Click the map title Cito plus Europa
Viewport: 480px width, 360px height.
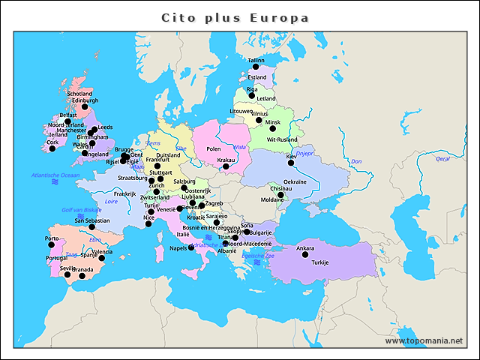pos(235,17)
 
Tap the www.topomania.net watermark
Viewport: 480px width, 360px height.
pos(424,340)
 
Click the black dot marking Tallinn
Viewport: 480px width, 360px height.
pos(255,67)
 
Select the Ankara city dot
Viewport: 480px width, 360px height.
pos(305,254)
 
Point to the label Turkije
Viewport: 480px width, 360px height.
pos(320,262)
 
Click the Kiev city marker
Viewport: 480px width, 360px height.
pos(291,163)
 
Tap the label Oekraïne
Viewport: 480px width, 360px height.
pos(295,181)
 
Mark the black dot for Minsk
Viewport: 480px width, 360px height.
pos(272,128)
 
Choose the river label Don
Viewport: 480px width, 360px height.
pos(356,161)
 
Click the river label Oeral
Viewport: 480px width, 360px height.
pos(442,158)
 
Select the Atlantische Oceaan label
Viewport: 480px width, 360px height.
pos(55,175)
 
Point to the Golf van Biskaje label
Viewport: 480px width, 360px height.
pos(80,209)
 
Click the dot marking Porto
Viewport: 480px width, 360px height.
pos(51,245)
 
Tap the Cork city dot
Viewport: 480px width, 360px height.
pos(52,148)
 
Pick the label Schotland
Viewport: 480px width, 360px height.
pos(79,94)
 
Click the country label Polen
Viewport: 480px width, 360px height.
pos(214,149)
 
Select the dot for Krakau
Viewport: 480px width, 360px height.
pos(226,166)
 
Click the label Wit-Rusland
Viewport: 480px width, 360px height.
pos(282,139)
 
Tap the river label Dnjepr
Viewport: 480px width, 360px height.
pos(304,153)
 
